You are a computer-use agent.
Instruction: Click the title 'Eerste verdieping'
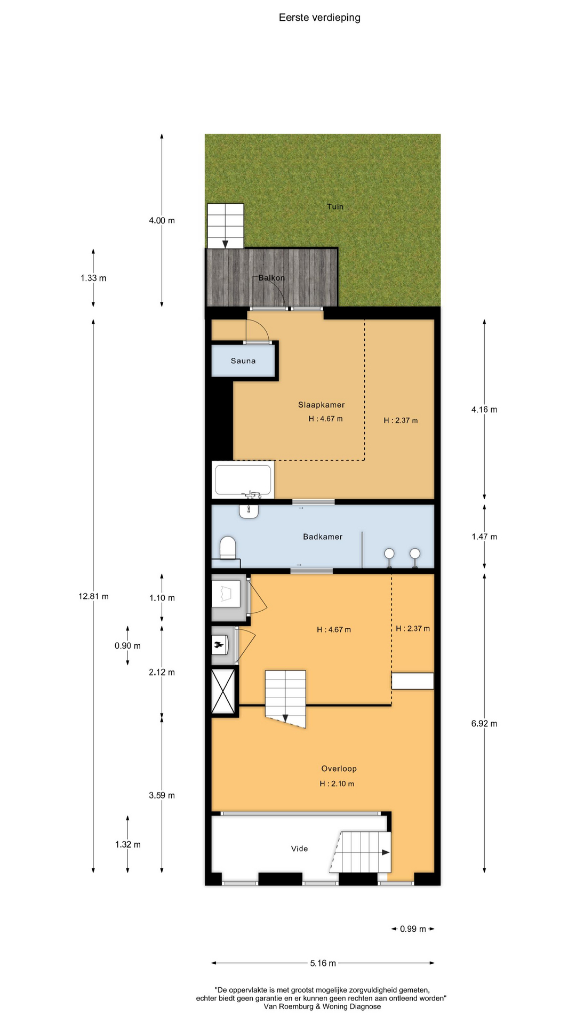coord(319,18)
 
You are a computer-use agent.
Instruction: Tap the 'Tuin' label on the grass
coord(335,206)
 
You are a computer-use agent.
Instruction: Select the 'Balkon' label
coord(271,278)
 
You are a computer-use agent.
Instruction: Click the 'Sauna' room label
coord(243,361)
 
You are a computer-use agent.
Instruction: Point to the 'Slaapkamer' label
coord(321,405)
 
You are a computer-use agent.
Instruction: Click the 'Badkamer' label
coord(323,537)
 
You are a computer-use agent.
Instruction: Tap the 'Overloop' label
coord(339,769)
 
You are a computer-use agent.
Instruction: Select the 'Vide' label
coord(299,849)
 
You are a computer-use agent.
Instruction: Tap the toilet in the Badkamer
coord(228,548)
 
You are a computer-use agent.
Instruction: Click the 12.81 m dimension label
coord(93,596)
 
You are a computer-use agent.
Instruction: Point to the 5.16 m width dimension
coord(323,963)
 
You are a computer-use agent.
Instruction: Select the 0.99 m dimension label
coord(413,929)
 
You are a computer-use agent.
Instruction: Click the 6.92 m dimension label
coord(484,724)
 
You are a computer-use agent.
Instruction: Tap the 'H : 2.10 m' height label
coord(337,784)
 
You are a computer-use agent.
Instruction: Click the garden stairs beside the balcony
coord(225,226)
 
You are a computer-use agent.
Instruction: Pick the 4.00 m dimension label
coord(162,220)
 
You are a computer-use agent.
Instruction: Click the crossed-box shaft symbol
coord(223,691)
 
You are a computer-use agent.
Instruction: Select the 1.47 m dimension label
coord(484,537)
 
